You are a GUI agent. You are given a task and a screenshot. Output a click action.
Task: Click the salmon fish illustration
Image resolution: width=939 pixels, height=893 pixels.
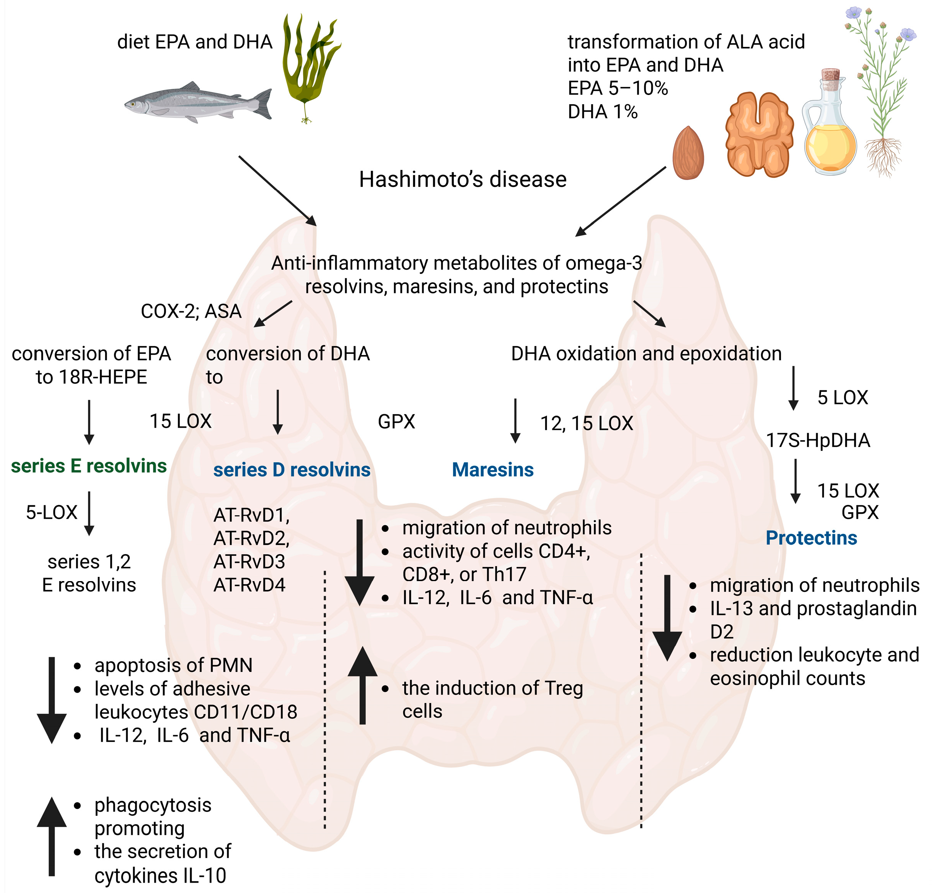tap(198, 102)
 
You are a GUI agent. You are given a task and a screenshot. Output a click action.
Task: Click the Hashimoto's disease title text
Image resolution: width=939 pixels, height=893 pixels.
tap(462, 180)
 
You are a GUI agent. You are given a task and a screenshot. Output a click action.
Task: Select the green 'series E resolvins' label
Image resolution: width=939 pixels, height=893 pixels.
tap(88, 466)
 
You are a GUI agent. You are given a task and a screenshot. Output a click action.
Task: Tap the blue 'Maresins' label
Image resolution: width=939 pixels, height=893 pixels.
tap(492, 470)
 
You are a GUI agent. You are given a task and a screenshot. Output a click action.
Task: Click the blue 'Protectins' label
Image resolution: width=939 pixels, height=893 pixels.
tap(811, 538)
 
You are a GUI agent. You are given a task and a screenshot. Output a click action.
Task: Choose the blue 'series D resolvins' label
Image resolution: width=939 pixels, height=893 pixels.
tap(292, 470)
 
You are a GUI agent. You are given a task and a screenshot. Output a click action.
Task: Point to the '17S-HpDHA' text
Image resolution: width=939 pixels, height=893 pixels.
tap(817, 440)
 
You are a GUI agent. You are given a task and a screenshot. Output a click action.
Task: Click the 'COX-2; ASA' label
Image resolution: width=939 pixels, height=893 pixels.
tap(191, 311)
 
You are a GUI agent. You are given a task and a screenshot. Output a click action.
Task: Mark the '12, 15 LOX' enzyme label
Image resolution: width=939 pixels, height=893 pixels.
tap(586, 423)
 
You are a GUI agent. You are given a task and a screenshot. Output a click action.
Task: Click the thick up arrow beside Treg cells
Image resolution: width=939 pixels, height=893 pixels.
tap(362, 685)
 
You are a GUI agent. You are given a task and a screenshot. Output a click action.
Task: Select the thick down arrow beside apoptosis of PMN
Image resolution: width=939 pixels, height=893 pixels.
tap(52, 700)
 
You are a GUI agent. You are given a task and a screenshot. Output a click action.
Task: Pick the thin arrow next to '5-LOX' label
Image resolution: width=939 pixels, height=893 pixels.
tap(89, 514)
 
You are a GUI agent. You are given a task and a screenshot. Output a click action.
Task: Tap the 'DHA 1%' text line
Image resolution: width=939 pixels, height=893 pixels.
tap(602, 112)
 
